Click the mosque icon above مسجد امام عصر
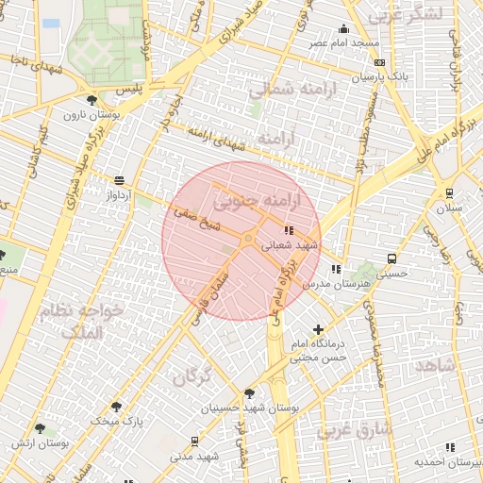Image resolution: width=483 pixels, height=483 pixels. click(x=344, y=28)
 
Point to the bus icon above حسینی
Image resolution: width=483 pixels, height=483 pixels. click(x=391, y=258)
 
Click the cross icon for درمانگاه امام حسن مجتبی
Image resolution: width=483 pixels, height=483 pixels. click(x=319, y=330)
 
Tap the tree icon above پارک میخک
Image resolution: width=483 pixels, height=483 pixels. click(x=116, y=408)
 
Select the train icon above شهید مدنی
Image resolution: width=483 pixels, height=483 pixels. click(x=194, y=441)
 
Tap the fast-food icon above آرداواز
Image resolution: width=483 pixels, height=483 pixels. click(x=119, y=180)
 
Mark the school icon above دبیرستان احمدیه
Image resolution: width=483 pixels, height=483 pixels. click(x=449, y=447)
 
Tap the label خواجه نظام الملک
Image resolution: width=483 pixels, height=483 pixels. click(x=81, y=321)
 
